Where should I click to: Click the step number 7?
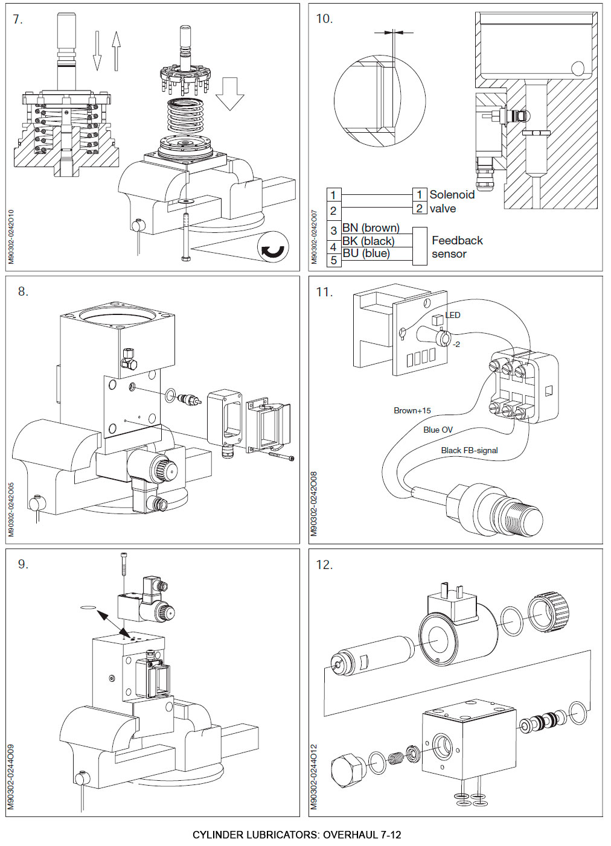click(x=18, y=19)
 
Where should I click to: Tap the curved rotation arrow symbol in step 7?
click(x=273, y=247)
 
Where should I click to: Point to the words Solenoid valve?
click(x=451, y=202)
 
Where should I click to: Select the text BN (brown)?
click(x=371, y=228)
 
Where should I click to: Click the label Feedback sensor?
click(x=456, y=247)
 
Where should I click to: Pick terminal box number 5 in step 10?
click(x=333, y=261)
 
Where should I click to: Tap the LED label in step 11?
click(x=453, y=315)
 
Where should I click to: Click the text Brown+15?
click(x=412, y=410)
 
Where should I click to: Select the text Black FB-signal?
click(x=469, y=450)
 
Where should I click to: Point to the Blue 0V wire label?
click(x=438, y=430)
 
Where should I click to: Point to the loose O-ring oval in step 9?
click(x=88, y=606)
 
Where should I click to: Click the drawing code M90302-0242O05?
click(x=11, y=508)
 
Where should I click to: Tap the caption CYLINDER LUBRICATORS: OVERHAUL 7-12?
click(x=296, y=835)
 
